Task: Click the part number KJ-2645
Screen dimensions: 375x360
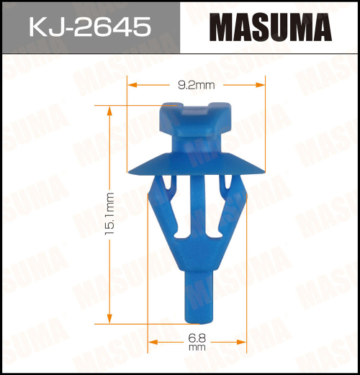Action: tap(90, 27)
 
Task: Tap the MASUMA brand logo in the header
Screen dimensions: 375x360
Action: tap(270, 28)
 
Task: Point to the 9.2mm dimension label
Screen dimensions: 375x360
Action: tap(196, 85)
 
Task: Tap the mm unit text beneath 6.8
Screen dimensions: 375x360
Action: tap(197, 348)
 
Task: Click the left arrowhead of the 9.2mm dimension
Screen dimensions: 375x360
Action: tap(130, 85)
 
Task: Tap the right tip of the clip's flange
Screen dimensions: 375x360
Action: tap(264, 171)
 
